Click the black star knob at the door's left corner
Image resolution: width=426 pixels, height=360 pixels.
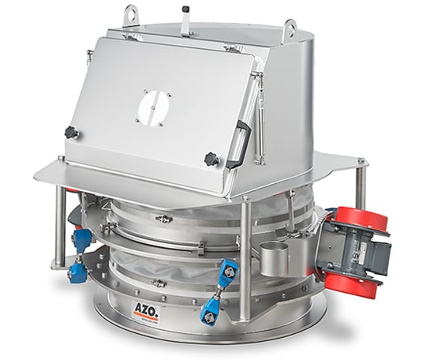(71, 133)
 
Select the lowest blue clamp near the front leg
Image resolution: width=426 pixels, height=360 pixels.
(212, 309)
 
